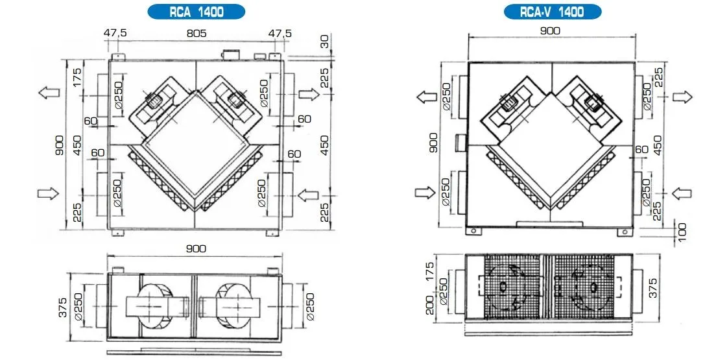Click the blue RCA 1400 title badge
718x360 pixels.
pyautogui.click(x=196, y=12)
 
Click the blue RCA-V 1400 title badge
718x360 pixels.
pyautogui.click(x=552, y=12)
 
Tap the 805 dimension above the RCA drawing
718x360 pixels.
pyautogui.click(x=197, y=34)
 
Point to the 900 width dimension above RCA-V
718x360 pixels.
pyautogui.click(x=550, y=30)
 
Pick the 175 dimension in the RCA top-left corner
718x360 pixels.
pyautogui.click(x=77, y=77)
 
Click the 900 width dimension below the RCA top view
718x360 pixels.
pyautogui.click(x=196, y=248)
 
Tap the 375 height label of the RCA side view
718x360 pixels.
pyautogui.click(x=63, y=307)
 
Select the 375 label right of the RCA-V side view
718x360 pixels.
pyautogui.click(x=653, y=287)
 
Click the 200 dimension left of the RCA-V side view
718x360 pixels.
pyautogui.click(x=429, y=305)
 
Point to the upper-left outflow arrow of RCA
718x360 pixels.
pyautogui.click(x=49, y=93)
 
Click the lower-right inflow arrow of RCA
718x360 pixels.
pyautogui.click(x=308, y=196)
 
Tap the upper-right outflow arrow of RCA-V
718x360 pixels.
pyautogui.click(x=682, y=97)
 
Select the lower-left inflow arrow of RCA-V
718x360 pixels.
pyautogui.click(x=425, y=193)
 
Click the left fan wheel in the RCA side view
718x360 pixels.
pyautogui.click(x=154, y=307)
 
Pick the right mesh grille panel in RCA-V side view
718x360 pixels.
pyautogui.click(x=584, y=287)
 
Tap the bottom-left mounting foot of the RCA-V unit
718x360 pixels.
pyautogui.click(x=474, y=232)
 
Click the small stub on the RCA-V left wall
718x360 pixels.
pyautogui.click(x=461, y=143)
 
